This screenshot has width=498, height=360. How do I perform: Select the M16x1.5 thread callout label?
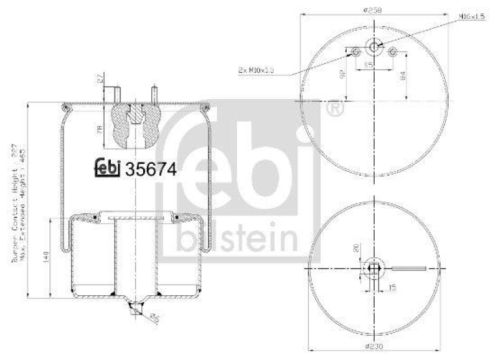point(472,16)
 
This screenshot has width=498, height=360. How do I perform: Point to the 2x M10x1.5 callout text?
point(256,70)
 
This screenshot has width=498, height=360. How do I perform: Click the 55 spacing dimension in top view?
point(368,64)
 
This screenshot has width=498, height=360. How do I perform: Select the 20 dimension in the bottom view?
point(355,248)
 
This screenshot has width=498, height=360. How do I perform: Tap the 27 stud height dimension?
point(100,78)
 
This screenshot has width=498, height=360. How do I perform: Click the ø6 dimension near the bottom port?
point(156,318)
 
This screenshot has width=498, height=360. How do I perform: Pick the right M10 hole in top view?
point(393,53)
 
